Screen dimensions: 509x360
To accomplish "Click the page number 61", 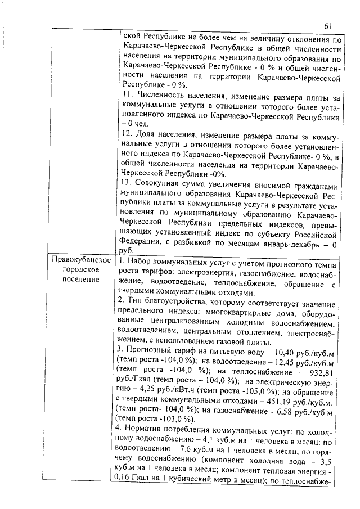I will pyautogui.click(x=330, y=26).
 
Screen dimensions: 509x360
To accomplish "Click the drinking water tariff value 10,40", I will pyautogui.click(x=282, y=352).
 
